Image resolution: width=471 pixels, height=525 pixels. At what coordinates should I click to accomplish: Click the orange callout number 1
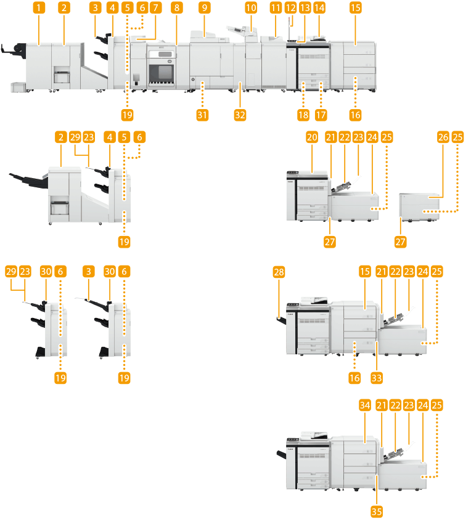[x=39, y=8]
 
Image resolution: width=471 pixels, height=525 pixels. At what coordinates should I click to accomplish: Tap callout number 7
[x=155, y=8]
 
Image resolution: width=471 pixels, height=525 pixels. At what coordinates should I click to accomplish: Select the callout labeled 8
[x=178, y=8]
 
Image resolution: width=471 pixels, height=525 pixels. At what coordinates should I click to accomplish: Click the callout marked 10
[x=250, y=8]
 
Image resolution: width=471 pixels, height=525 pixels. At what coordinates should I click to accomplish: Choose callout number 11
[x=276, y=8]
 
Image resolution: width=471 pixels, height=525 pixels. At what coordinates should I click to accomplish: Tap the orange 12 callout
[x=291, y=8]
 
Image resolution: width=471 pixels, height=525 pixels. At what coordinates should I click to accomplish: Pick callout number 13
[x=305, y=8]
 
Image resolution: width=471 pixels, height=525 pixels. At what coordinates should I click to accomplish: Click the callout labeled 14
[x=319, y=8]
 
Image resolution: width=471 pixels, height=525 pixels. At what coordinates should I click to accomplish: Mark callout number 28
[x=281, y=272]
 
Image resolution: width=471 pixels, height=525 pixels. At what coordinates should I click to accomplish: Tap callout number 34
[x=366, y=405]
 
